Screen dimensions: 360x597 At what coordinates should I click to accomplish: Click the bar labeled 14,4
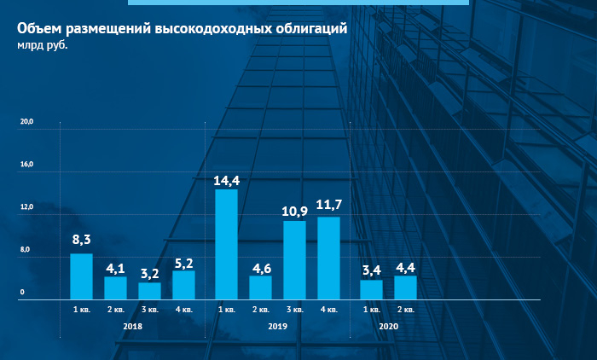226,244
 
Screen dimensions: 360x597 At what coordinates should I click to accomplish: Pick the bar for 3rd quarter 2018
149,291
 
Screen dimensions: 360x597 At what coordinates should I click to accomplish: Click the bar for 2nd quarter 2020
405,287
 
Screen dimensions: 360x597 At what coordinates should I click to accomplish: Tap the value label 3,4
371,270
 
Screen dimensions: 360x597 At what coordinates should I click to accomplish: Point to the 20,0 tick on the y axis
26,122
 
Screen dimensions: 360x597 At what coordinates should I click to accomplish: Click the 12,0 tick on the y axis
26,207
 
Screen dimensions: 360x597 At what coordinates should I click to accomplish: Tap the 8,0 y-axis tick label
26,250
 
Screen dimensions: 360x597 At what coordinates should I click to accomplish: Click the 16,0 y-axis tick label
26,165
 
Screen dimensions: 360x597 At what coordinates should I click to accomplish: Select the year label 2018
132,327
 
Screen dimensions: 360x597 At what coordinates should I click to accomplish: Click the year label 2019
277,327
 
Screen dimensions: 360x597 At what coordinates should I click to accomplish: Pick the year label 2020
388,327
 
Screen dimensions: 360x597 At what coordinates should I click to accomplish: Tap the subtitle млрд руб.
42,45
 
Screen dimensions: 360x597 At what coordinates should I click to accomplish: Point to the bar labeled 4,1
115,288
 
